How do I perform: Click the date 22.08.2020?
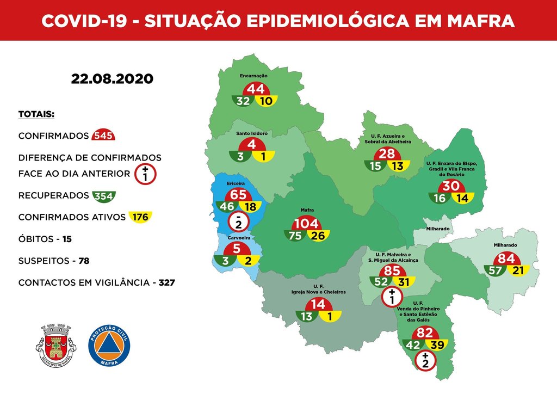112,79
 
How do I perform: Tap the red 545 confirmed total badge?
103,136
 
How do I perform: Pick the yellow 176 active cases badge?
139,217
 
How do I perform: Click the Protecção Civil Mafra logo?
109,345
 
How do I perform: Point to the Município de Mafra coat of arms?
57,345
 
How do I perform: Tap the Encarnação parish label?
253,76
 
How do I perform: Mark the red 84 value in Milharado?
506,258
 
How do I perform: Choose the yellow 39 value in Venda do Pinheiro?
437,344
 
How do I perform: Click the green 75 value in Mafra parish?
295,236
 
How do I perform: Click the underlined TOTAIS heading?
36,115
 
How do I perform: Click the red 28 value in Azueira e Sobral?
387,154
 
